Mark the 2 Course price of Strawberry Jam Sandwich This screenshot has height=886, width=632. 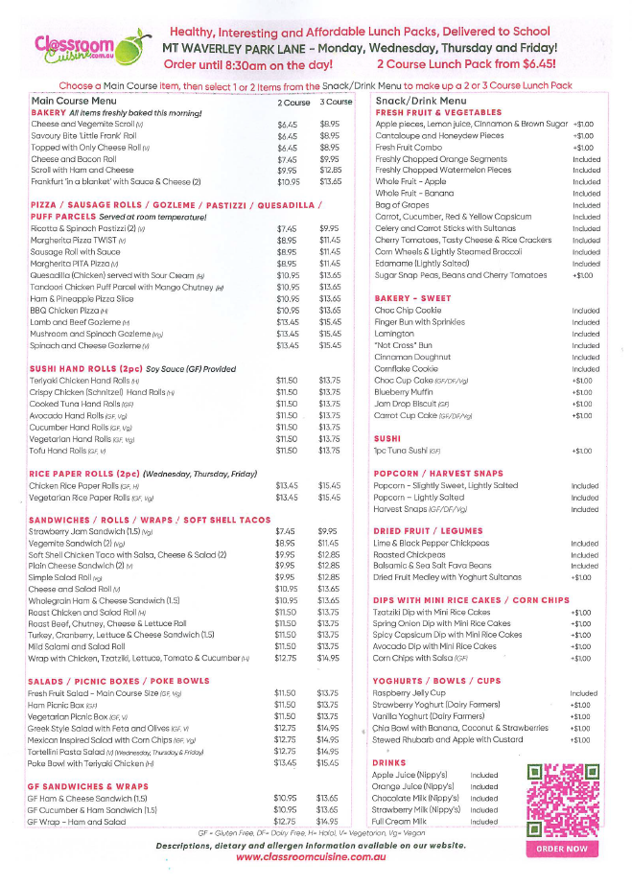285,530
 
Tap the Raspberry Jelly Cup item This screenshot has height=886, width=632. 410,692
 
